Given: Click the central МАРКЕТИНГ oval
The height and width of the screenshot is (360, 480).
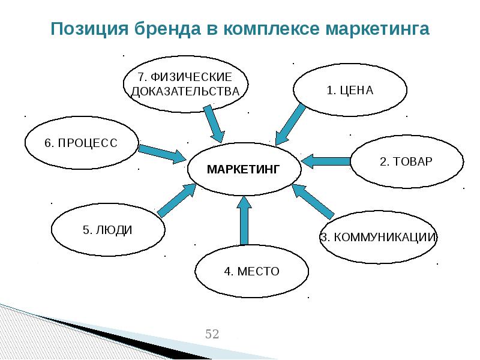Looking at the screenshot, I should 244,169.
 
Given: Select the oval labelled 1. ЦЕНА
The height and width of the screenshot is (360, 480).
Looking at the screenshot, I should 350,90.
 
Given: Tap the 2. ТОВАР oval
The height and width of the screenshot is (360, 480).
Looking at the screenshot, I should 406,162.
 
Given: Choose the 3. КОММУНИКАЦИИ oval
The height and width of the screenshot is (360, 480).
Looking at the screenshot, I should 377,236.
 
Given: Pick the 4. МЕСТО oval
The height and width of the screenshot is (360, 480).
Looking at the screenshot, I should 252,271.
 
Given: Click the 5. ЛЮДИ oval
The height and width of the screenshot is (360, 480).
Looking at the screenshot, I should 108,230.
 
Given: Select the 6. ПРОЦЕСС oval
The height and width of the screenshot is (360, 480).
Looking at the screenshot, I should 81,143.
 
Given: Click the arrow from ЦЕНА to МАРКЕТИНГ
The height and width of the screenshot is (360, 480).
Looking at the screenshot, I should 290,125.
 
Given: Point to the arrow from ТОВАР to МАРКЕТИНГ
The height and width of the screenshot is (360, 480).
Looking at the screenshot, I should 325,161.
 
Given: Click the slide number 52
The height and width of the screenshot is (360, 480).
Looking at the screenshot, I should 212,334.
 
